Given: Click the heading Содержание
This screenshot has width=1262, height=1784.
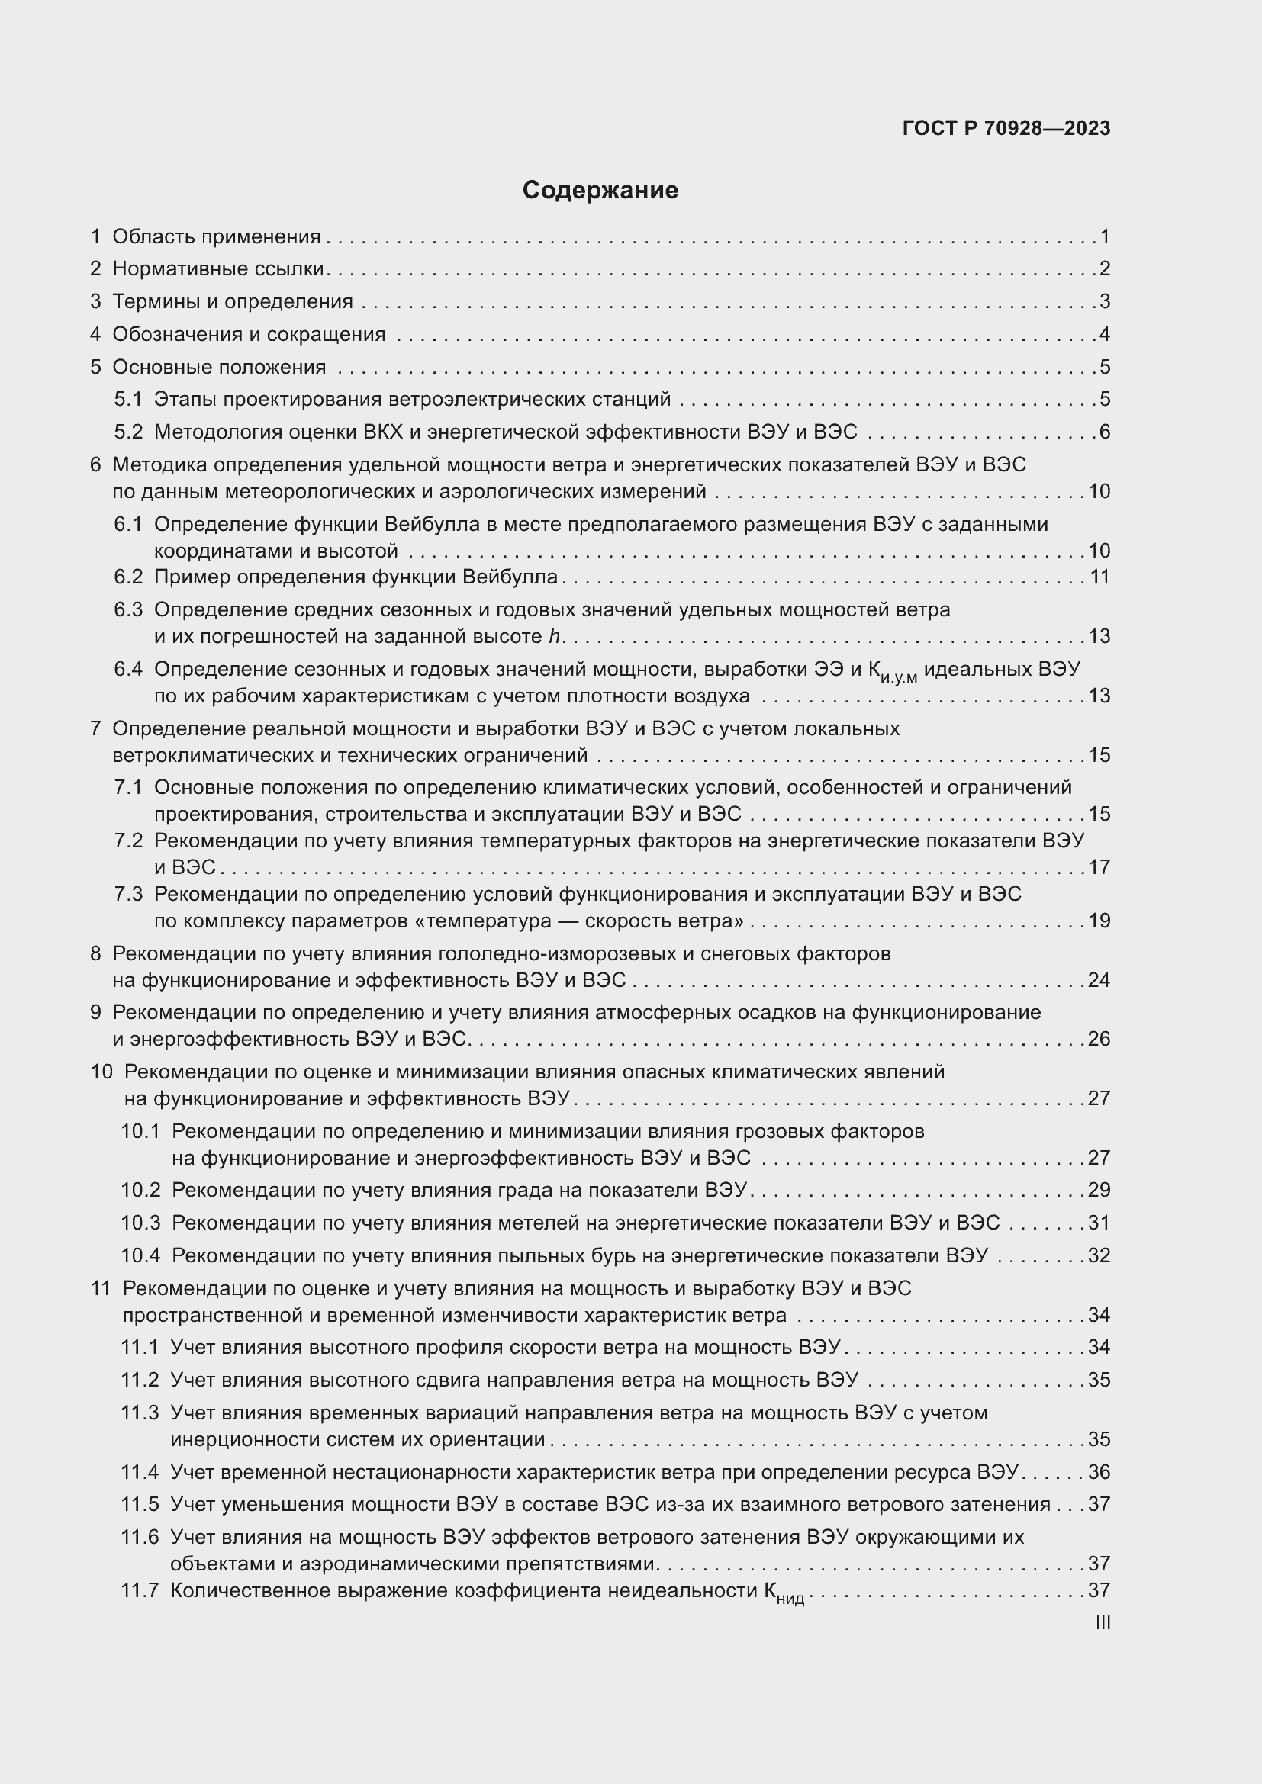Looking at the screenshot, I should [x=600, y=191].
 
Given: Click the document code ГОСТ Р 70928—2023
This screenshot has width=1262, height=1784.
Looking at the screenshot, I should [x=1006, y=128].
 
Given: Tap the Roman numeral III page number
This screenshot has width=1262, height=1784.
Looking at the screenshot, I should [x=1102, y=1622].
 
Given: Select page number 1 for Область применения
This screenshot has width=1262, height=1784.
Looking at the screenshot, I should [x=1104, y=236].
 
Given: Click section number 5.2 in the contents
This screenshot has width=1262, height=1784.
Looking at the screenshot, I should [x=128, y=432].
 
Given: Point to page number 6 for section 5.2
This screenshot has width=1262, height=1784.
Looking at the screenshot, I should [x=1104, y=432].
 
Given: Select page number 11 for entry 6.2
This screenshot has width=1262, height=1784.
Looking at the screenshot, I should [x=1099, y=577].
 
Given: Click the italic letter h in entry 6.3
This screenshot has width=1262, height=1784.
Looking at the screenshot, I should [x=554, y=636].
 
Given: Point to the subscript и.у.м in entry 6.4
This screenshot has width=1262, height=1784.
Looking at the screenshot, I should [x=900, y=678].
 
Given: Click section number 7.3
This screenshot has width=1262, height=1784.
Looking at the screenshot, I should [x=128, y=895].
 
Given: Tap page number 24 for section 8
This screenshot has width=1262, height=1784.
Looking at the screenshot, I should [x=1099, y=980].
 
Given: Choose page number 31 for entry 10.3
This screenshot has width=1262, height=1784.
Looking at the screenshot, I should [x=1099, y=1223].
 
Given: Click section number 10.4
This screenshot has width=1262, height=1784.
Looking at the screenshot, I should [x=140, y=1255].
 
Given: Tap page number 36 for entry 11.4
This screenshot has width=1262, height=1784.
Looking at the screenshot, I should [x=1099, y=1471].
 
